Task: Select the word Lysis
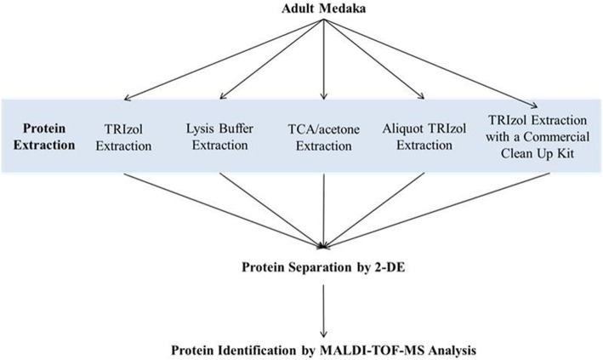pyautogui.click(x=201, y=129)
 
